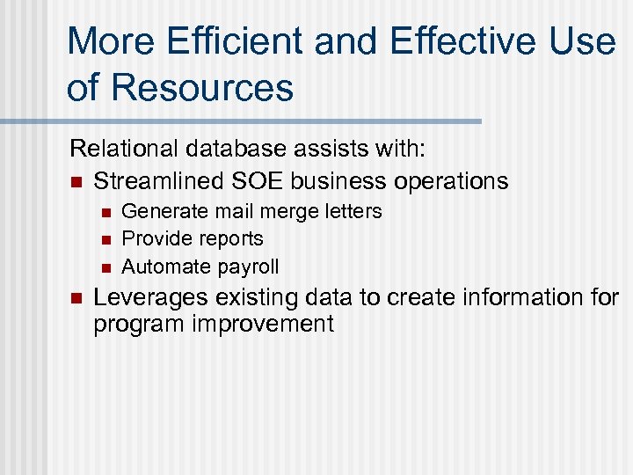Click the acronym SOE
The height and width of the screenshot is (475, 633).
point(258,181)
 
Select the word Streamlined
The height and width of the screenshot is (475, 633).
point(157,181)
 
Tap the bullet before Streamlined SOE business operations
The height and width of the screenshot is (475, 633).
point(76,182)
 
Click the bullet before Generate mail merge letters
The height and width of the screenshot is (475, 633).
point(104,212)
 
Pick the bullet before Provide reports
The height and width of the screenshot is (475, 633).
point(104,239)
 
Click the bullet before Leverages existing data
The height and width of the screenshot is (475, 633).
point(76,298)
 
